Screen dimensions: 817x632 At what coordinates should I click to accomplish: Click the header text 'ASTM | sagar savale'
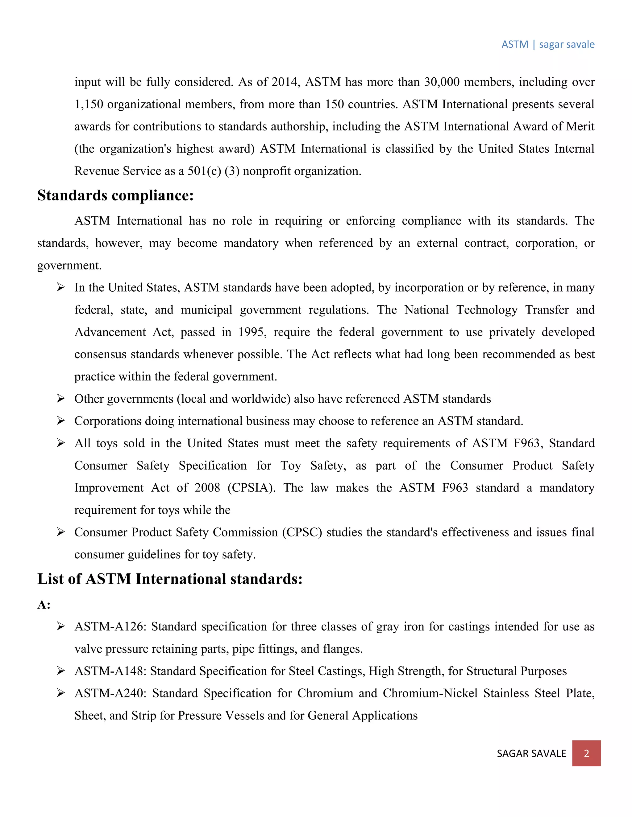[x=548, y=44]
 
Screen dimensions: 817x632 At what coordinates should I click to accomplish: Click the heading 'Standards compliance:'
[x=115, y=195]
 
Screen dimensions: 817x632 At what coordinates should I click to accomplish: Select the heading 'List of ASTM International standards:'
[x=170, y=579]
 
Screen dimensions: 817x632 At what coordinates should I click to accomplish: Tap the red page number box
[x=586, y=753]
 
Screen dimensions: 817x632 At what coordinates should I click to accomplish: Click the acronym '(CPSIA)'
[x=251, y=488]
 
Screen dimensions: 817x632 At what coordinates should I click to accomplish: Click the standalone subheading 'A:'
[x=44, y=605]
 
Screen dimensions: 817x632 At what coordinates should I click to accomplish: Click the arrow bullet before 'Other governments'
[x=61, y=398]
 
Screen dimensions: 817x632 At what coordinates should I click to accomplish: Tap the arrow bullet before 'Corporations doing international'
[x=61, y=421]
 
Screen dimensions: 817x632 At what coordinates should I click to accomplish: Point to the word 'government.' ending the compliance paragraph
[x=69, y=265]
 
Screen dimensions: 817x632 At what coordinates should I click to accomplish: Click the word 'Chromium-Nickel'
[x=430, y=693]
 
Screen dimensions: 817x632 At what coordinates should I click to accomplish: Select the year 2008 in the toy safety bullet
[x=207, y=488]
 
